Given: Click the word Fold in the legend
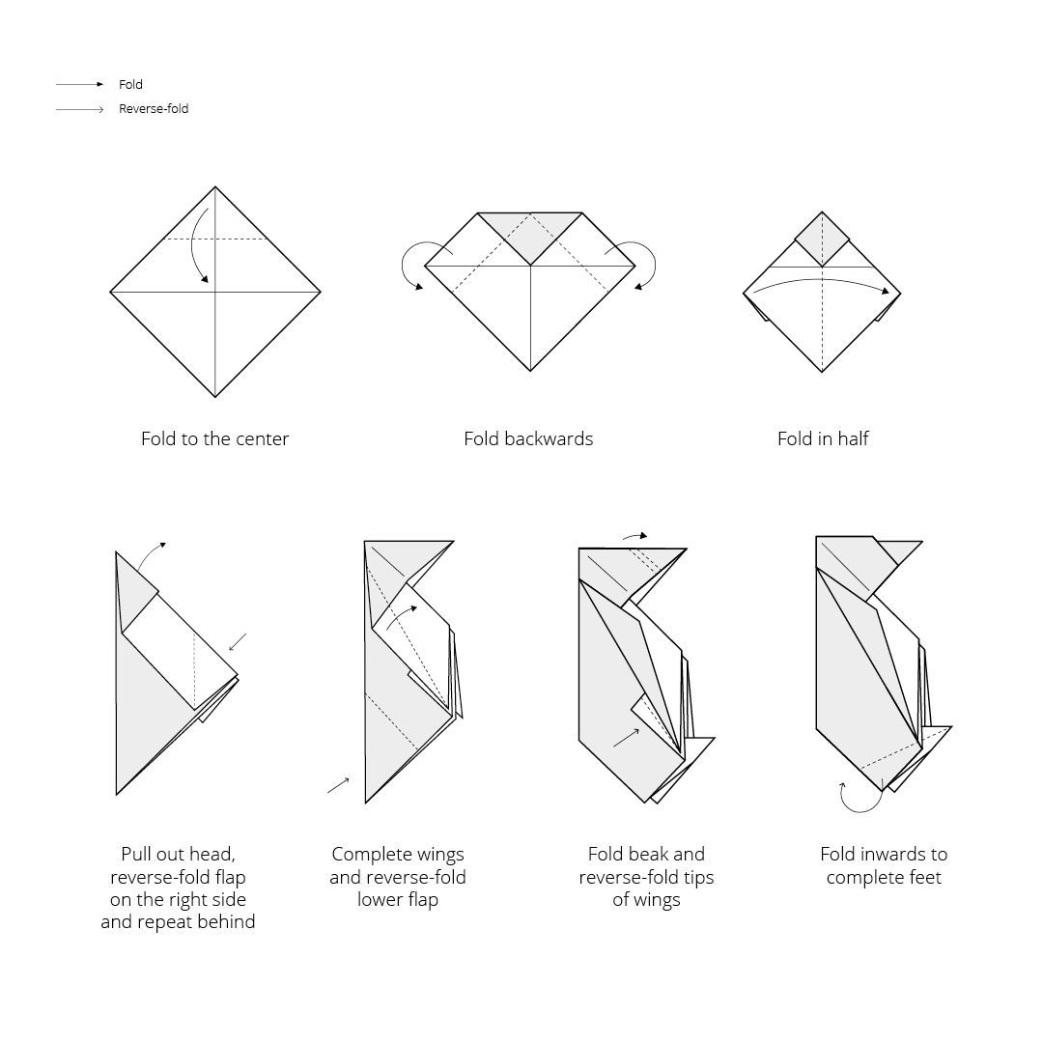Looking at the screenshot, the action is [x=130, y=84].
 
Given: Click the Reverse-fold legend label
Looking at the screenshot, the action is [x=154, y=108].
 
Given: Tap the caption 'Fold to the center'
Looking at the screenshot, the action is [x=214, y=439].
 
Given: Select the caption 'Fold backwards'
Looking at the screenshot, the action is [x=528, y=439].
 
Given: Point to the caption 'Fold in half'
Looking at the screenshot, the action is [x=823, y=439].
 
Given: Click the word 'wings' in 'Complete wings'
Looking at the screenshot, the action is [x=437, y=855].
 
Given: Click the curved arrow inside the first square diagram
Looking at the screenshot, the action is [x=193, y=247].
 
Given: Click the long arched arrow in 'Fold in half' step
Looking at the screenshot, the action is [x=822, y=280].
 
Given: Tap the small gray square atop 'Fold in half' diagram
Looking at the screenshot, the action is [x=822, y=239].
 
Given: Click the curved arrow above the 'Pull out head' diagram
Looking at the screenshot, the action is [x=151, y=553].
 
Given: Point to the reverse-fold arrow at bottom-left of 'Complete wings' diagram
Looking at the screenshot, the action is [x=338, y=785].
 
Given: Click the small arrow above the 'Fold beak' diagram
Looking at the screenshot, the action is [x=634, y=535].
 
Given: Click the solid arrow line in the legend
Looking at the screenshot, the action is [x=80, y=84].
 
